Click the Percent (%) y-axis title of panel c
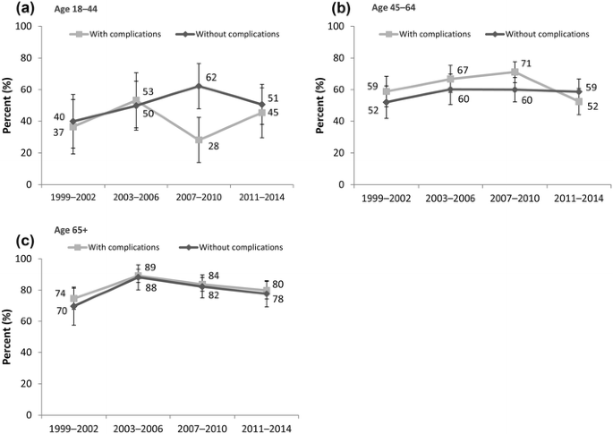(8, 336)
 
